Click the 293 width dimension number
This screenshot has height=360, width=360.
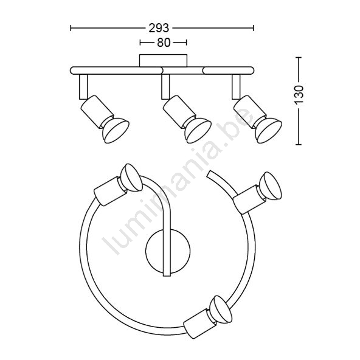click(159, 28)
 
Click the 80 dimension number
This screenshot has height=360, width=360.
click(164, 43)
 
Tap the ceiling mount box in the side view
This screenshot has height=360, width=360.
click(163, 61)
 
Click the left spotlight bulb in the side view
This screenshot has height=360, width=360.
click(116, 131)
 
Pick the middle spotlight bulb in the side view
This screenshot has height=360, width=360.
click(198, 131)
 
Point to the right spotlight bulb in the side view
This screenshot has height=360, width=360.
click(268, 131)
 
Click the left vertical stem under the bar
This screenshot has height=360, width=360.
click(83, 87)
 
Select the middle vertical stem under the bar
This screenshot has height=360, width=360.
click(165, 87)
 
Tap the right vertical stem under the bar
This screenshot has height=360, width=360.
click(236, 87)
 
